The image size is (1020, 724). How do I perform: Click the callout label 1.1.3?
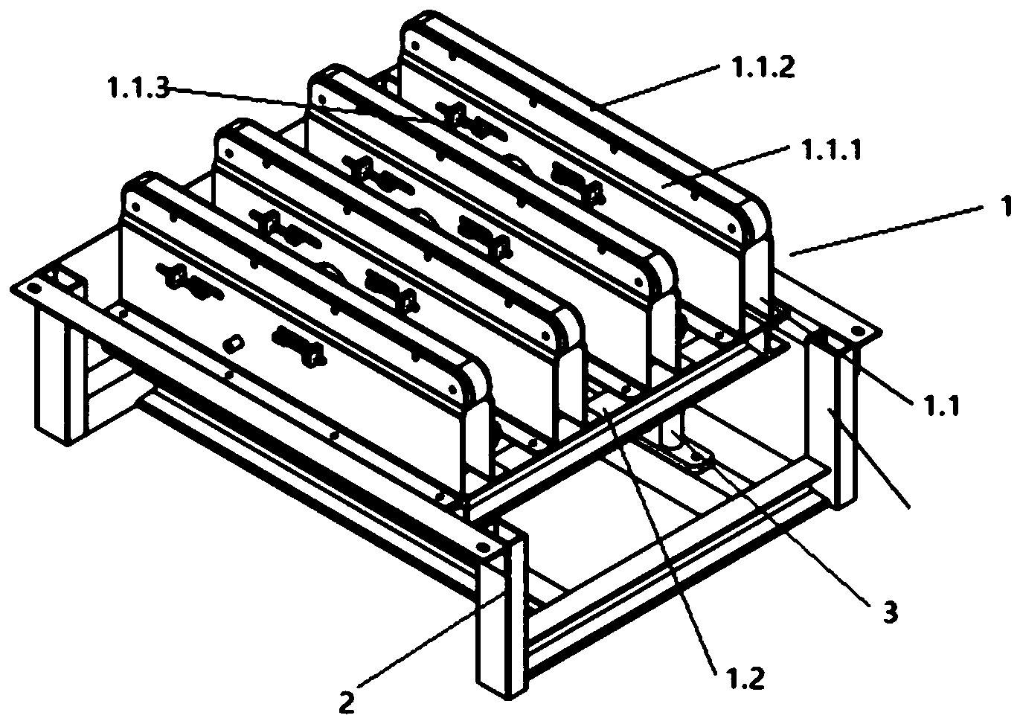[x=138, y=88]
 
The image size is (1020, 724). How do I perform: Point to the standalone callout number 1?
[x=1004, y=208]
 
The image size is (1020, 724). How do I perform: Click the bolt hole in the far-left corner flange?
[x=31, y=288]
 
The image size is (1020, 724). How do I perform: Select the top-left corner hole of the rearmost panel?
[x=415, y=45]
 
